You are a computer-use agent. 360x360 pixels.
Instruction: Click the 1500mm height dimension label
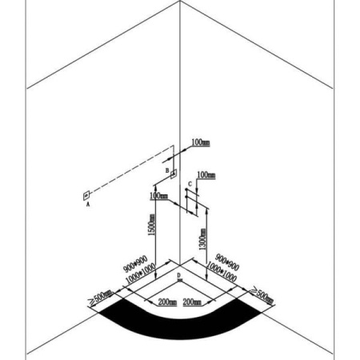point(151,225)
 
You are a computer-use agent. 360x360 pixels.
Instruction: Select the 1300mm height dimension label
point(203,239)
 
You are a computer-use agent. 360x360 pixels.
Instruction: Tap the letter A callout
point(88,204)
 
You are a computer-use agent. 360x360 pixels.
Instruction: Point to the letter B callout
point(167,170)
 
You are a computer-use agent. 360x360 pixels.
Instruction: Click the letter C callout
point(190,184)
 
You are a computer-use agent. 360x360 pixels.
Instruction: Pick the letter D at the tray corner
point(179,275)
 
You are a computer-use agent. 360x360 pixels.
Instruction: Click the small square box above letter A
point(86,196)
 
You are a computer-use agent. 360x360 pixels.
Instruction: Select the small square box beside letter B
point(174,174)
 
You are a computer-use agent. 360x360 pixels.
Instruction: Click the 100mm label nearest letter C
point(206,175)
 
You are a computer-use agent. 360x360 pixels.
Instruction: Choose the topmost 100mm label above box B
point(201,142)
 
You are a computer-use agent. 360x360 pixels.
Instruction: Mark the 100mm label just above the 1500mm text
point(159,196)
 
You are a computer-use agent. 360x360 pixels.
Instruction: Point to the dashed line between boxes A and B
point(132,169)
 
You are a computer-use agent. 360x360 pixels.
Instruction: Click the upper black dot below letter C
point(186,190)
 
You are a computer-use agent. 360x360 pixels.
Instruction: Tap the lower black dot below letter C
point(186,197)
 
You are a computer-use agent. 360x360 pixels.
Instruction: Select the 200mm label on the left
point(167,302)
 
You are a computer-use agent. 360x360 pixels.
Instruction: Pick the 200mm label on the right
point(192,302)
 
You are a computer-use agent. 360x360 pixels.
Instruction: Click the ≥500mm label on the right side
point(262,295)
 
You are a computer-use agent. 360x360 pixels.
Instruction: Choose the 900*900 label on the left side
point(135,264)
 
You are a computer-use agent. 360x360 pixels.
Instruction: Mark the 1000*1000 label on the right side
point(222,272)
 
